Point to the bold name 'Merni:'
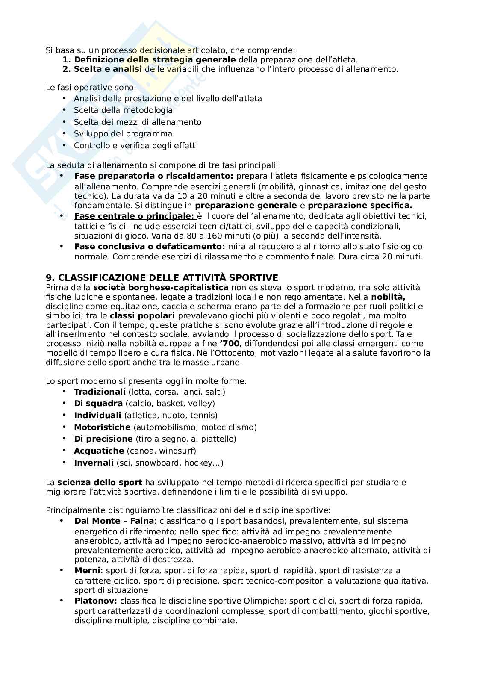point(88,570)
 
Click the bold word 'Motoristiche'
point(102,427)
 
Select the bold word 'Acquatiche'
point(99,451)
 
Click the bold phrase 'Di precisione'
point(103,439)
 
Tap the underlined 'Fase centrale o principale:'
point(134,216)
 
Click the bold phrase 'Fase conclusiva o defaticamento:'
point(149,246)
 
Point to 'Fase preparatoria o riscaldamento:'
point(154,176)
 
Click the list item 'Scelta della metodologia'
point(123,110)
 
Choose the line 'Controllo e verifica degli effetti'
point(135,145)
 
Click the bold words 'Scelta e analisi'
point(108,69)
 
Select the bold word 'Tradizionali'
point(100,392)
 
